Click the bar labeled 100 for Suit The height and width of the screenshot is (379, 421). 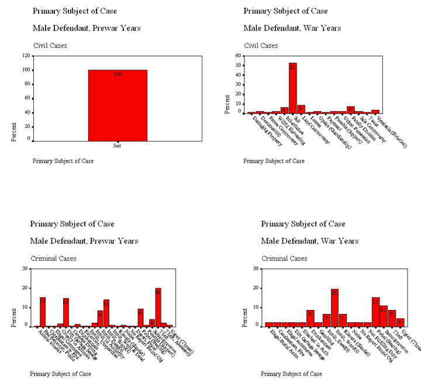pos(118,105)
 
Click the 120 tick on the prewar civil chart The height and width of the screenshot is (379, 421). pos(26,56)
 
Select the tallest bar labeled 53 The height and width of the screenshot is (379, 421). pos(292,88)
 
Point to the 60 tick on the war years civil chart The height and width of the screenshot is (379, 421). pos(239,56)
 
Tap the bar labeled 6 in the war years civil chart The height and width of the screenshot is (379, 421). pos(284,110)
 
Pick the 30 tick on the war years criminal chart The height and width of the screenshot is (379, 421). pos(256,268)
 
